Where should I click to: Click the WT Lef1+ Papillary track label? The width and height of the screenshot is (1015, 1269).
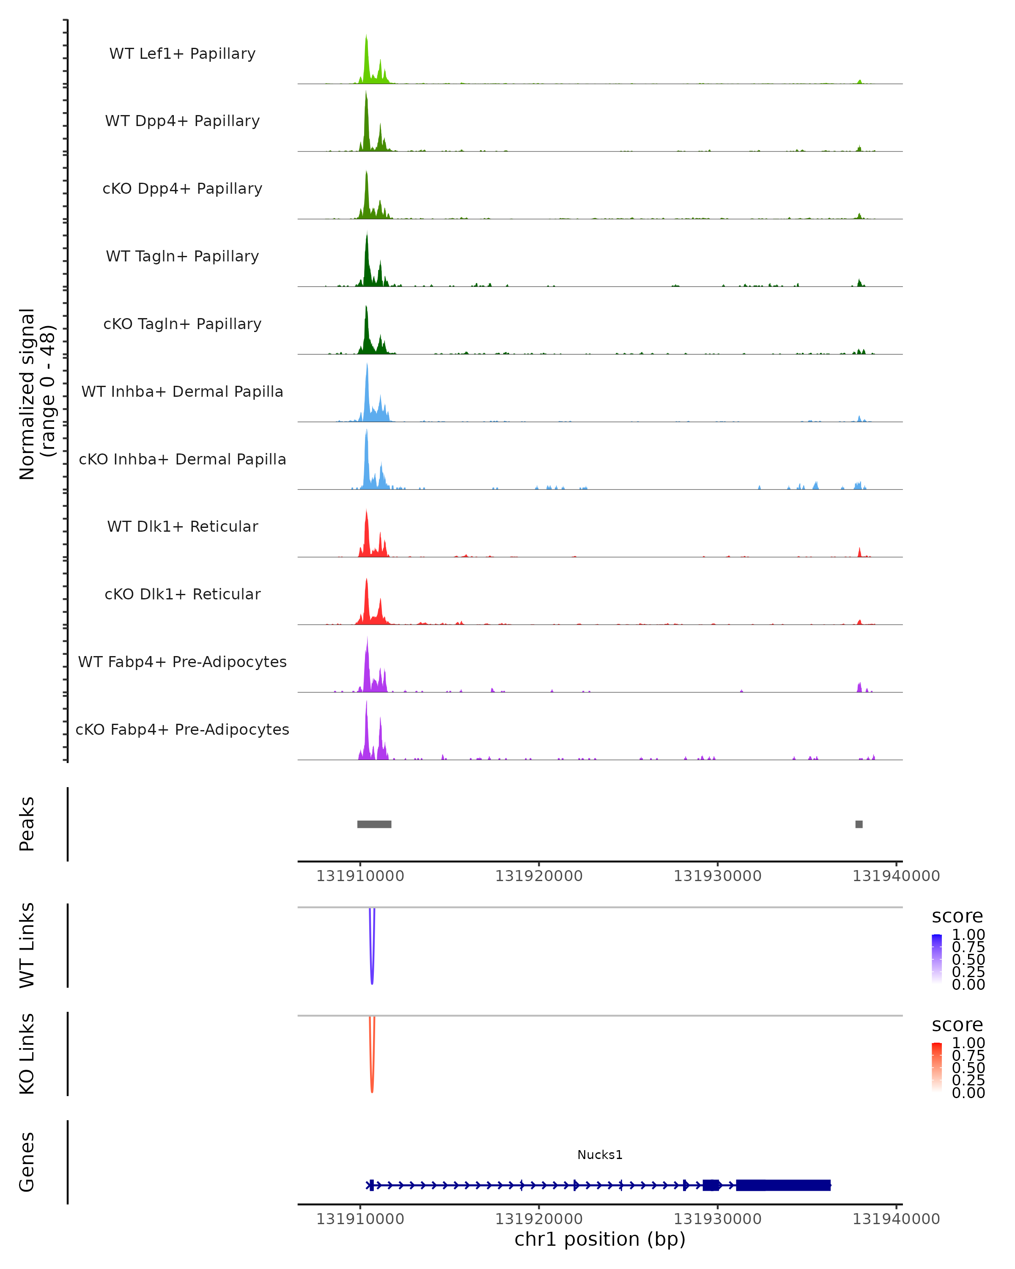point(182,54)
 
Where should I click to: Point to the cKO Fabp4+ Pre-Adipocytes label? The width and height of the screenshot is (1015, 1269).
point(182,729)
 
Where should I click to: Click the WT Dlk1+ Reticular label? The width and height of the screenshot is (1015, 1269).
point(182,526)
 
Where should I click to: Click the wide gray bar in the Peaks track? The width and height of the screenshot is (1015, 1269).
point(374,824)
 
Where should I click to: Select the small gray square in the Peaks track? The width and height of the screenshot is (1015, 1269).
point(859,824)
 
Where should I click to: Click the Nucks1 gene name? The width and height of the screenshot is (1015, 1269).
point(600,1155)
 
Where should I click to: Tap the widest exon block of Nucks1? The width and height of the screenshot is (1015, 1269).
point(783,1185)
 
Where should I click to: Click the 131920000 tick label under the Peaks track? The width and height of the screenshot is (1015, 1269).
point(538,876)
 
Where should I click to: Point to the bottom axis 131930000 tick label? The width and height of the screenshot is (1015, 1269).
point(717,1219)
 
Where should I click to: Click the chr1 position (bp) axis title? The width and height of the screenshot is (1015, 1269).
point(600,1239)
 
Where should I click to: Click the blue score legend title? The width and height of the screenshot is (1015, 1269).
point(957,917)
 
